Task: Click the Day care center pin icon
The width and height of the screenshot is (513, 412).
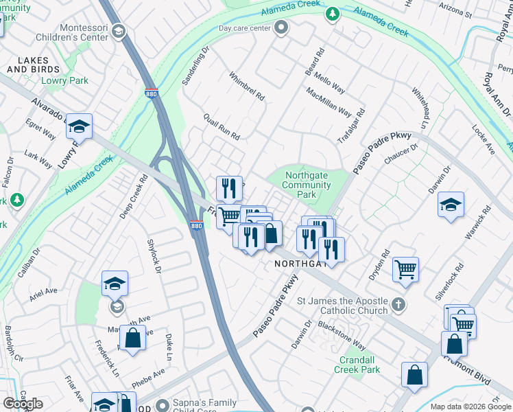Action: click(x=281, y=28)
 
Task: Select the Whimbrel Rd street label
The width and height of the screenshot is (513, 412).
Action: click(x=246, y=87)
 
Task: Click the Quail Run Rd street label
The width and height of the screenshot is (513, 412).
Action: click(x=222, y=127)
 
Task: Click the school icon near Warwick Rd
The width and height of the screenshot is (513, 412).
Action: click(x=451, y=205)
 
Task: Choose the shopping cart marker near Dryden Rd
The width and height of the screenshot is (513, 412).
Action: click(x=405, y=268)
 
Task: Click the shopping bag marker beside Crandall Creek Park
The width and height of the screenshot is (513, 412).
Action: click(x=414, y=376)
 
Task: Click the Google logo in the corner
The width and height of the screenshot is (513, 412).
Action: click(x=23, y=404)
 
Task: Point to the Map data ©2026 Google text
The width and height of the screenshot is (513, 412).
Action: click(x=470, y=407)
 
